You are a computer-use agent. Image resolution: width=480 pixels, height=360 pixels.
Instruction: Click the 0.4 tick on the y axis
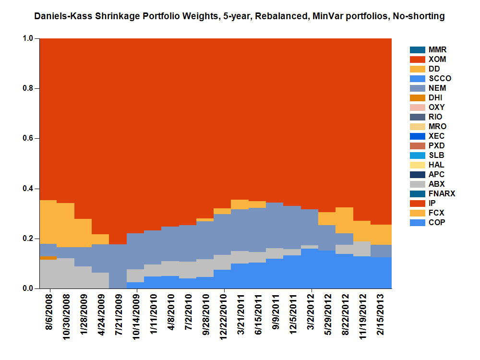pyautogui.click(x=28, y=189)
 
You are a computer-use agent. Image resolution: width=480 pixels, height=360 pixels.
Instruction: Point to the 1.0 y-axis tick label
pyautogui.click(x=28, y=38)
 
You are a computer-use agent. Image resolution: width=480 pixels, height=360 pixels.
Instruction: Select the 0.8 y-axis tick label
pyautogui.click(x=28, y=88)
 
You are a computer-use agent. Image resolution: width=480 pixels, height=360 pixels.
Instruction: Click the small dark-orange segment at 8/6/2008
pyautogui.click(x=48, y=258)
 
